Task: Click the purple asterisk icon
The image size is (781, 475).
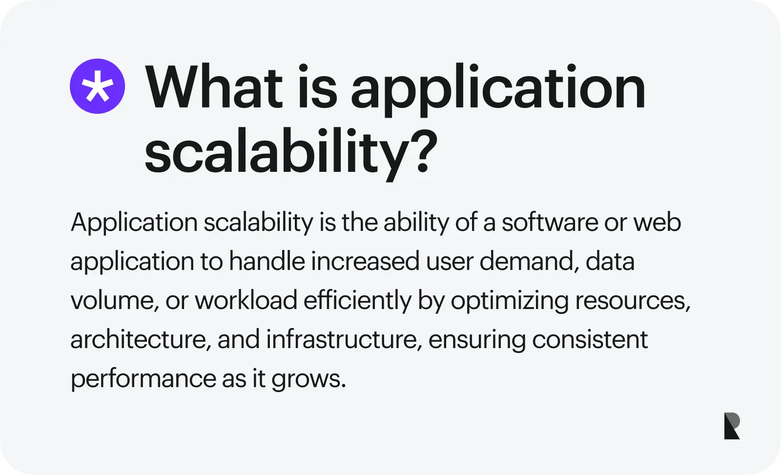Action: point(97,86)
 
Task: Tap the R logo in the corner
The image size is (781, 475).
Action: point(732,426)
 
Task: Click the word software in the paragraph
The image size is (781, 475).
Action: point(550,222)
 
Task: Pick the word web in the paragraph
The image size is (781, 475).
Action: point(657,222)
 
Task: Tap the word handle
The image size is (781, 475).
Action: point(267,261)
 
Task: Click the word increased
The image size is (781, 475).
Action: point(365,261)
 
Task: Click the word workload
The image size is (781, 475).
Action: point(246,300)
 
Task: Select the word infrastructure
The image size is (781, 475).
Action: point(344,340)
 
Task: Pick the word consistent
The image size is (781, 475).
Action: point(590,340)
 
